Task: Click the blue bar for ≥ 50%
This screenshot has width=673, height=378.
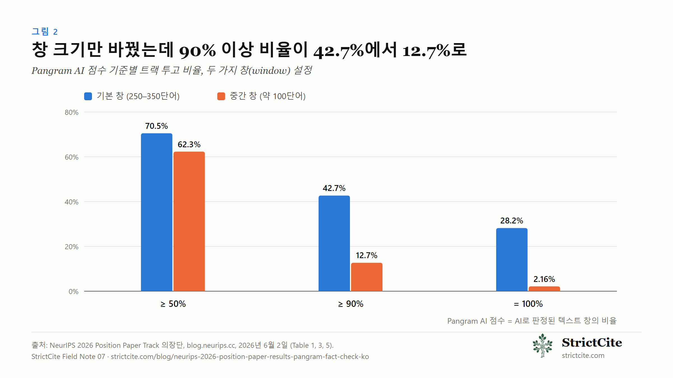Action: (x=156, y=212)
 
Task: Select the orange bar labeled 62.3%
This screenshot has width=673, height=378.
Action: (x=189, y=221)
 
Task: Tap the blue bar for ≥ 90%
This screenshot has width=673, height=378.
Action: (x=334, y=243)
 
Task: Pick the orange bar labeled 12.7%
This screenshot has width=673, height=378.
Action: (x=367, y=277)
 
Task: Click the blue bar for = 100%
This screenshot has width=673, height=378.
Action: (x=512, y=260)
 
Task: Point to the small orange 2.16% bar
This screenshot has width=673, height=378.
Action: (x=544, y=289)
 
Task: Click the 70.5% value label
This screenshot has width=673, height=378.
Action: (x=156, y=126)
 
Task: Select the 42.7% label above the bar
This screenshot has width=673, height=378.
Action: (x=334, y=188)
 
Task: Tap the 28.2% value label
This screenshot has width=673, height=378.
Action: (x=512, y=221)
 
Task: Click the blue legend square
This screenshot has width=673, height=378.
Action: (x=88, y=96)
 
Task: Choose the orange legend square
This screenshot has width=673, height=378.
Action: (x=221, y=96)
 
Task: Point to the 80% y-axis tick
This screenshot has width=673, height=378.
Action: (x=72, y=113)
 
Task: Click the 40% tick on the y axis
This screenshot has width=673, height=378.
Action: (x=72, y=202)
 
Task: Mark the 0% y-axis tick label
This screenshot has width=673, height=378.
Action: (x=73, y=292)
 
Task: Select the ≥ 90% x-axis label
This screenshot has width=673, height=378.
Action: (x=351, y=304)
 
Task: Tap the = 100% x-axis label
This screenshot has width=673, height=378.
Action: (x=528, y=304)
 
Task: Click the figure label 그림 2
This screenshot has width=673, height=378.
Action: (x=45, y=32)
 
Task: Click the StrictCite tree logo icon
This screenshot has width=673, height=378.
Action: (x=543, y=346)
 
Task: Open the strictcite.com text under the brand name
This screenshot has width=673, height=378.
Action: (x=583, y=356)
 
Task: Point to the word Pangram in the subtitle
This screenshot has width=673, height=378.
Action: (x=52, y=71)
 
